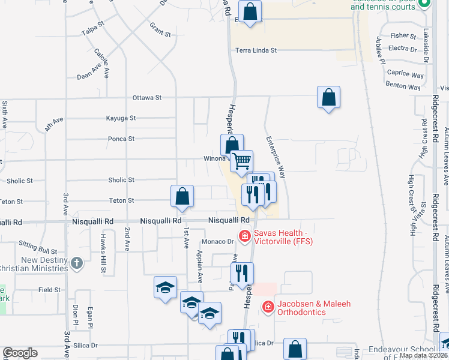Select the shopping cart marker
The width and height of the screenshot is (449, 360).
tap(241, 160)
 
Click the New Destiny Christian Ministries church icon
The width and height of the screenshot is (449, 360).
tap(76, 263)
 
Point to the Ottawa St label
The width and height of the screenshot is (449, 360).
tap(147, 97)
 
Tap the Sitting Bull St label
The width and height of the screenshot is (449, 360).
tap(37, 247)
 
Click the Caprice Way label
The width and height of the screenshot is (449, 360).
tap(405, 74)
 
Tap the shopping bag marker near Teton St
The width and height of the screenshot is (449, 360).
tap(182, 196)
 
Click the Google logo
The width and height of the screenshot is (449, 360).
tap(20, 353)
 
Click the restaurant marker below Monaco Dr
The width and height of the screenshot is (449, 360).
tap(243, 273)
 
